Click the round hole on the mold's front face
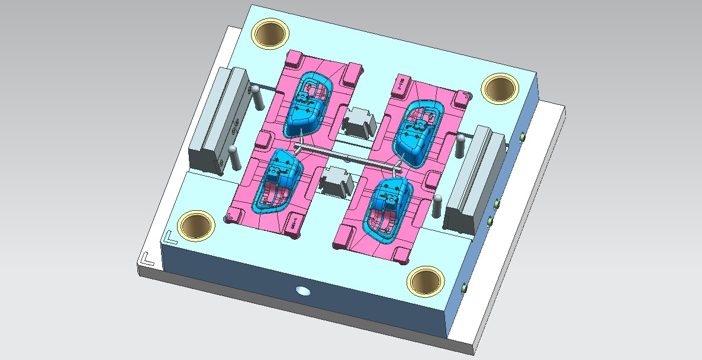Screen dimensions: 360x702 [x=303, y=291]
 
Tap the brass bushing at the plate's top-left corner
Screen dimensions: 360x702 [x=271, y=33]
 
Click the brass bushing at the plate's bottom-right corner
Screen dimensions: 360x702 [x=426, y=281]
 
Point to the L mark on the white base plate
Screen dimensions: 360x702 [x=147, y=259]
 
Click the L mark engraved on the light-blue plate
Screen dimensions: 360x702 [x=170, y=237]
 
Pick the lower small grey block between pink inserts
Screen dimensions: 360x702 [x=336, y=180]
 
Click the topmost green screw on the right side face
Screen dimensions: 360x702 [x=522, y=137]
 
